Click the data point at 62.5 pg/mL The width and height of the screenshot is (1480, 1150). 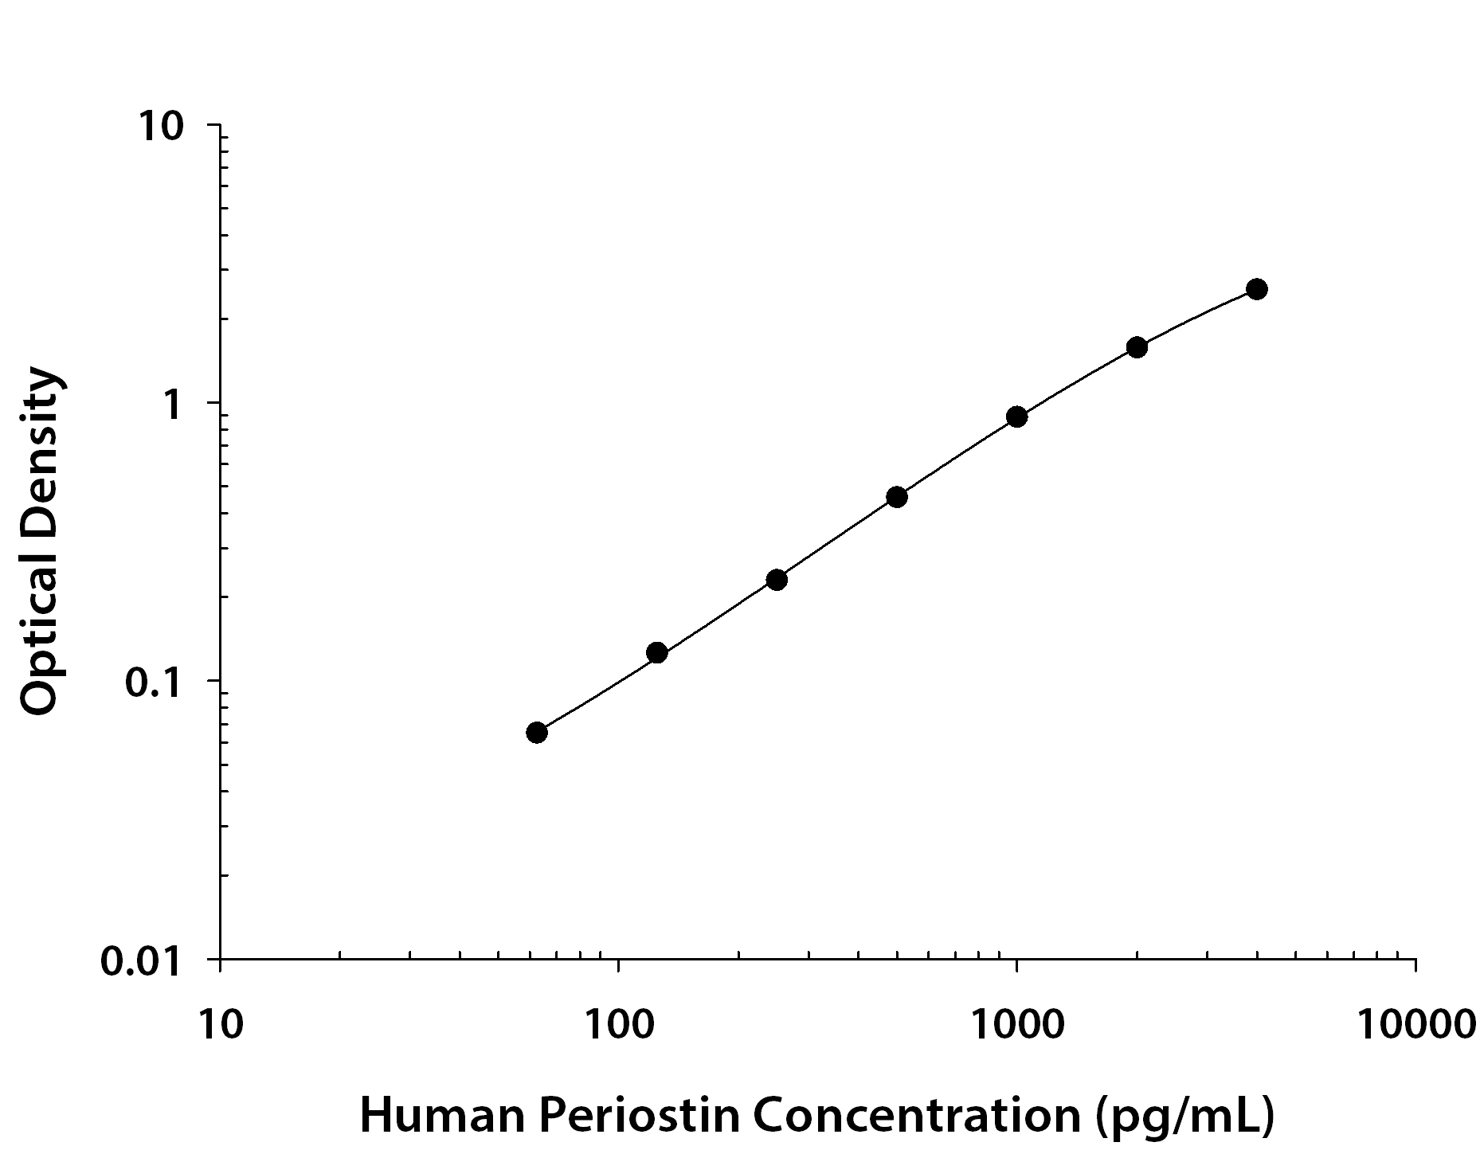coord(537,733)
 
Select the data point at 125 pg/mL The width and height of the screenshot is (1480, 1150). coord(657,653)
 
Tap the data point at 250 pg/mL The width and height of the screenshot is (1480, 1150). coord(777,580)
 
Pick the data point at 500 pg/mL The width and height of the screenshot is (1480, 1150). coord(897,497)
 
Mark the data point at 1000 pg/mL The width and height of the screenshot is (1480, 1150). coord(1016,417)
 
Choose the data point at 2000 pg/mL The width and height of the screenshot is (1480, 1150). coord(1137,347)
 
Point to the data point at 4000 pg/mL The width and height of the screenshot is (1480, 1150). coord(1257,289)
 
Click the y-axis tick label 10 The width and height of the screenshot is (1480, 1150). coord(162,127)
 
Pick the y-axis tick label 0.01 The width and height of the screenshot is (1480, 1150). coord(142,961)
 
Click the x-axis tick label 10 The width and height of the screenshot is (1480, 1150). coord(219,1025)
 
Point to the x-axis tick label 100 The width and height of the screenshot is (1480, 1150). coord(618,1025)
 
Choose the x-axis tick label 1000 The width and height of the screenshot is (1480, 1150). coord(1017,1025)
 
